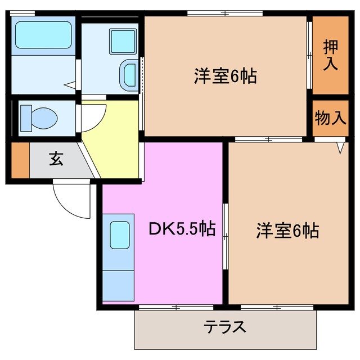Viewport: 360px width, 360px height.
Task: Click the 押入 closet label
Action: click(x=330, y=55)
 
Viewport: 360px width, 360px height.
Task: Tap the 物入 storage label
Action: click(x=330, y=118)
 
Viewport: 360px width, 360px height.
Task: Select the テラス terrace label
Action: click(x=225, y=327)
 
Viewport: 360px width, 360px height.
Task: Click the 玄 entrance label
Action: click(x=56, y=159)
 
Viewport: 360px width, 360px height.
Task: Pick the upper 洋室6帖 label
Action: click(x=226, y=76)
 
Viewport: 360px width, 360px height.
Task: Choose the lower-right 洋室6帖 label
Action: click(x=287, y=231)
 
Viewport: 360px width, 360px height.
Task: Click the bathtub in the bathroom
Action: click(x=43, y=35)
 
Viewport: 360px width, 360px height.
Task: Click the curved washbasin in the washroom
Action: click(x=129, y=74)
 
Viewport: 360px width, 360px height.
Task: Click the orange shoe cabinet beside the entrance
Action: click(x=20, y=161)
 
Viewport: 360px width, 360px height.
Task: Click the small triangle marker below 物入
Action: click(x=340, y=148)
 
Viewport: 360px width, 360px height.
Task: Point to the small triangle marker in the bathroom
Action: click(x=69, y=85)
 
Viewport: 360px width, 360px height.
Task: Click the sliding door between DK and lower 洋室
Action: click(x=225, y=231)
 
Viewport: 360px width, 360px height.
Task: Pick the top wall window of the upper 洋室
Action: click(x=225, y=13)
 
